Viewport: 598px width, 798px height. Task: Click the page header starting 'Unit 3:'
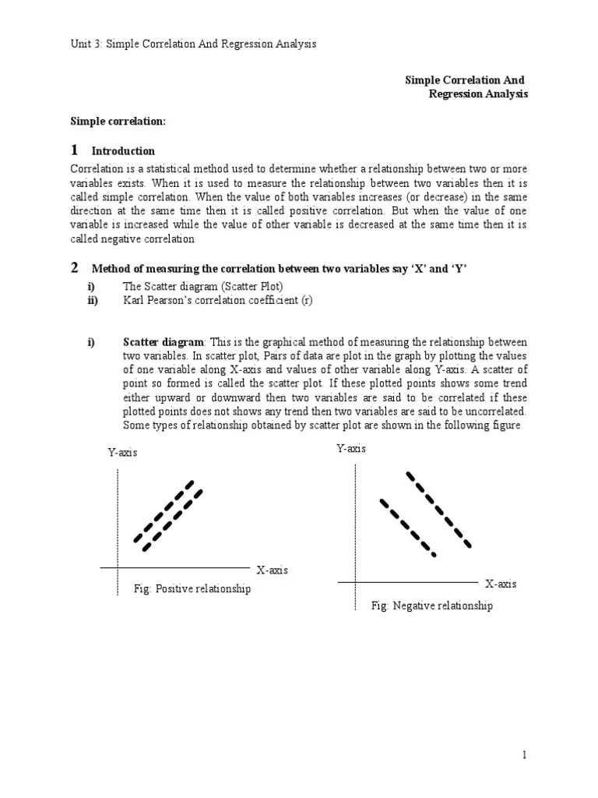pos(194,44)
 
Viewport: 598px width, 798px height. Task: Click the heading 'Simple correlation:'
pos(118,121)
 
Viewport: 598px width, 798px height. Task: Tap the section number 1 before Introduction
pos(75,150)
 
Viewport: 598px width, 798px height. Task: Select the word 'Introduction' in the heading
pos(123,151)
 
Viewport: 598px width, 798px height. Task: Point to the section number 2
pos(75,268)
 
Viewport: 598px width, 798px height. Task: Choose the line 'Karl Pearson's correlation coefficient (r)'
pos(217,300)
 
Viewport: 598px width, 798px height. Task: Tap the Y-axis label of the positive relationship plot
pos(122,453)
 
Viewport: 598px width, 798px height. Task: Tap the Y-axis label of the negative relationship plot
pos(351,448)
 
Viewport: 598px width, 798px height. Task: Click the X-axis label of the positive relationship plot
pos(272,570)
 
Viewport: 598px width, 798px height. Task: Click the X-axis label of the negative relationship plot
pos(501,584)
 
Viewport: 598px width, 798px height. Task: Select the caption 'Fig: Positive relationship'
pos(192,589)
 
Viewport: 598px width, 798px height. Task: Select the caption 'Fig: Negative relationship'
pos(431,606)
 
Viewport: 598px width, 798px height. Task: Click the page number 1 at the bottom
pos(526,755)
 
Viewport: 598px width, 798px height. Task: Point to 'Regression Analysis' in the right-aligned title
pos(478,94)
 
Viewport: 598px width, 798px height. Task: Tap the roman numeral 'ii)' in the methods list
pos(93,300)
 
